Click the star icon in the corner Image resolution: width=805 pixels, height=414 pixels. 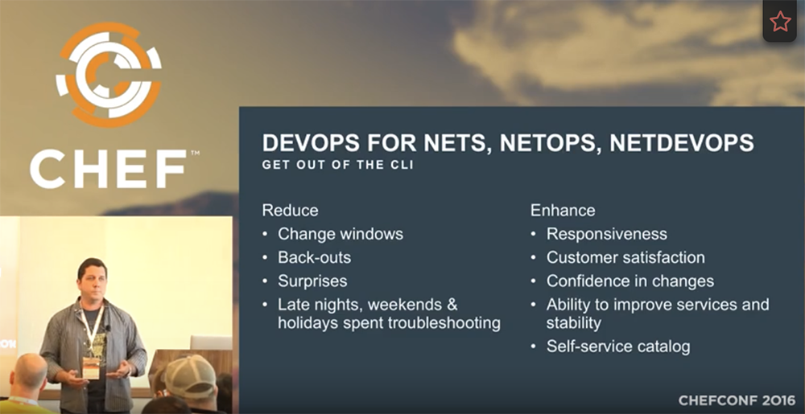779,22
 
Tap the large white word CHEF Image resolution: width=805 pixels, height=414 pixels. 108,170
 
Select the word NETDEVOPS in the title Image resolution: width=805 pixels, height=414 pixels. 682,143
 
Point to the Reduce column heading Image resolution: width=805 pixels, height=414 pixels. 290,211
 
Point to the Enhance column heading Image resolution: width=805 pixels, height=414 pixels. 563,211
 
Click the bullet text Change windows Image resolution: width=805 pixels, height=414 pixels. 341,234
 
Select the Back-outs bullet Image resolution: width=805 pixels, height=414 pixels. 314,258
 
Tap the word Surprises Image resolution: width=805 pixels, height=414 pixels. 312,281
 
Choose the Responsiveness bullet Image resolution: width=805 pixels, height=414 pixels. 606,234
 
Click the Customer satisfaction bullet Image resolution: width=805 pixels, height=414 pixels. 625,258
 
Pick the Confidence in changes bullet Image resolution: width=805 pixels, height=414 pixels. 630,281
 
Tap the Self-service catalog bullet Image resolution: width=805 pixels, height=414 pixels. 618,346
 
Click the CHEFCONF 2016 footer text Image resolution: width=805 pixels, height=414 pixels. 737,400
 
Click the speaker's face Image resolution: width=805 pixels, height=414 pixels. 92,277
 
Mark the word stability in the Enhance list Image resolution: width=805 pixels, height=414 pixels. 573,323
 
